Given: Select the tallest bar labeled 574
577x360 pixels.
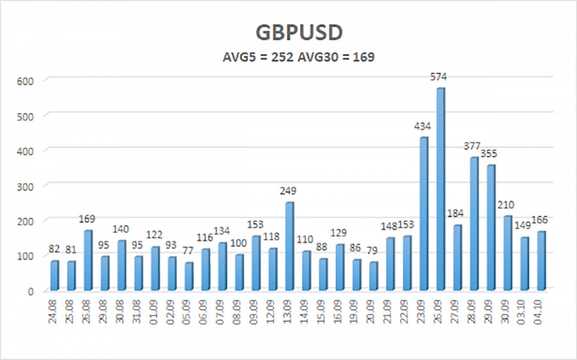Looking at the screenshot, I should tap(440, 189).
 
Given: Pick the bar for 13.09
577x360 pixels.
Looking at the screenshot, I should tap(289, 246).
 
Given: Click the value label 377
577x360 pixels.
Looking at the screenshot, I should tap(474, 147).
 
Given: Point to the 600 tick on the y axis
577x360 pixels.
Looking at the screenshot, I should tap(30, 80).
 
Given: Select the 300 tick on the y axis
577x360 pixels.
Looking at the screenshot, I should tap(30, 186).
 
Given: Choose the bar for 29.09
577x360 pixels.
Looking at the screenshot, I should tap(490, 227).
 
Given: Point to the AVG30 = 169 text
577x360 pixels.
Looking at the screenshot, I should tap(339, 57).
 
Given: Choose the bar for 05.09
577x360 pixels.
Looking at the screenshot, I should tap(188, 276).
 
